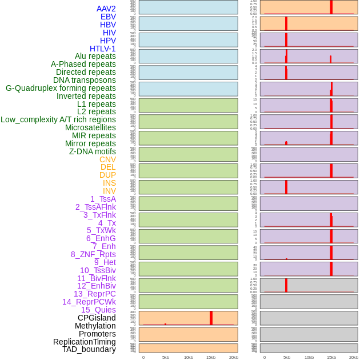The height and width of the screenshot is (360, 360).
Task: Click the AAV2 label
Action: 106,9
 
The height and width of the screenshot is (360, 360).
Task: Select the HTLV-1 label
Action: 102,49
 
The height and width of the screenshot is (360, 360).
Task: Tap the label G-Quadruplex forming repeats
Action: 61,88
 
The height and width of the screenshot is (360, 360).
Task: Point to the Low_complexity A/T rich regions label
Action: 58,119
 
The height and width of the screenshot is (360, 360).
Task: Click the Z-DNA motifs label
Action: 93,151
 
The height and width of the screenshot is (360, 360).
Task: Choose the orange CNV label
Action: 107,159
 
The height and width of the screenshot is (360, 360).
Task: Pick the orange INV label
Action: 109,191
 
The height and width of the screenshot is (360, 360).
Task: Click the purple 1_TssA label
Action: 103,199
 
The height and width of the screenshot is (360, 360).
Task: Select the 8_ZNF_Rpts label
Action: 93,254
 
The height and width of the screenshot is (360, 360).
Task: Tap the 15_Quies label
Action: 98,310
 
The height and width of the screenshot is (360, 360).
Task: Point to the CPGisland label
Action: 97,318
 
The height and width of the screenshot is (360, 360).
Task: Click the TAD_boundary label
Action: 89,349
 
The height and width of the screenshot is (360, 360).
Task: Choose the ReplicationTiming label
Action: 85,342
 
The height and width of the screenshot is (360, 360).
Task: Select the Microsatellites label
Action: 90,127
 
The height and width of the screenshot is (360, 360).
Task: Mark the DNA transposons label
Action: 85,80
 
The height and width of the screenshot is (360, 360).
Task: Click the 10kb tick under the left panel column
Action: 189,357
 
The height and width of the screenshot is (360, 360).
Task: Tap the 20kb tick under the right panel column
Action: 354,357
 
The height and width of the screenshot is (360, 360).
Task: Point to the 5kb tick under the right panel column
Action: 286,357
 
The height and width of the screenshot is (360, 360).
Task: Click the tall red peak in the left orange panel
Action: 211,318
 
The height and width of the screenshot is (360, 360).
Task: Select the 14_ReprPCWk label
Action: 89,302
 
